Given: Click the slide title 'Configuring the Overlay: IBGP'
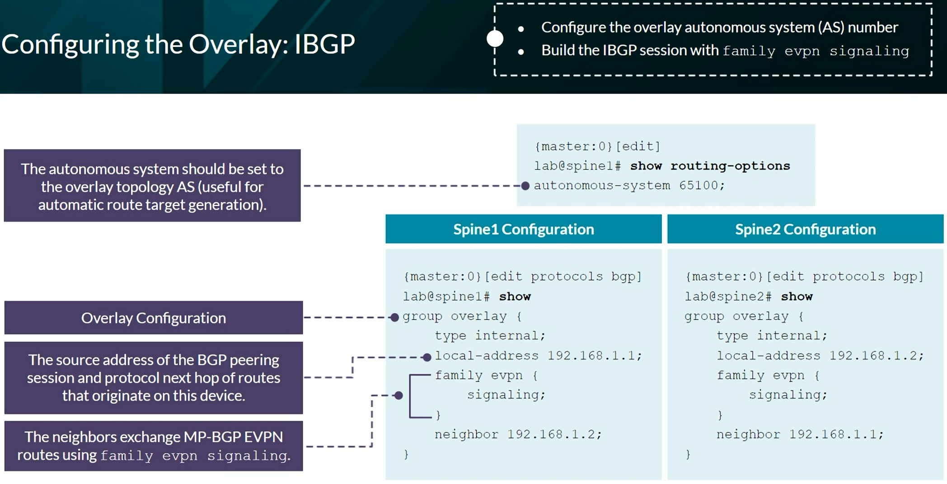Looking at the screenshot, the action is coord(178,45).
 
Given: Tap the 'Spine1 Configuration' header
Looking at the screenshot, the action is coord(523,229).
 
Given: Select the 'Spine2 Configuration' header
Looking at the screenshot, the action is coord(805,229).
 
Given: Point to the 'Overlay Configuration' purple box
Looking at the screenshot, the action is coord(154,318).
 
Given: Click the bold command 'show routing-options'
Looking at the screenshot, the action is coord(710,166).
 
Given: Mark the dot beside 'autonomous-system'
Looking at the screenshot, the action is coord(525,186).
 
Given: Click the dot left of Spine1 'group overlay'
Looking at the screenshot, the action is coord(394,317).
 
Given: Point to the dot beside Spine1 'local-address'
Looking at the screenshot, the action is coord(427,357).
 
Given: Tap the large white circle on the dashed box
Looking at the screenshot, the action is coord(495,38).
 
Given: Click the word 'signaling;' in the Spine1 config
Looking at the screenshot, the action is coord(506,395).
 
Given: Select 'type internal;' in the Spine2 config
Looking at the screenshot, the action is coord(772,336).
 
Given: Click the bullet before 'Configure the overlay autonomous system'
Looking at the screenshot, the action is coord(521,29).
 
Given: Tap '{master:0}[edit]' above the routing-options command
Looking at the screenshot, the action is coord(597,146).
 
